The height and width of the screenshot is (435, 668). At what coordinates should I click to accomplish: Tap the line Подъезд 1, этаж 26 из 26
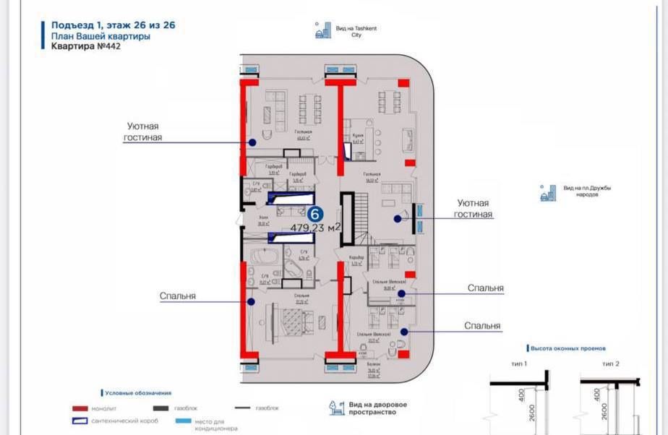113,25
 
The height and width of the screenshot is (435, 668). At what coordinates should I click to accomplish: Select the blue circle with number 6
315,214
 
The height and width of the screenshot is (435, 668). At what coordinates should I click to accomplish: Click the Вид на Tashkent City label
356,31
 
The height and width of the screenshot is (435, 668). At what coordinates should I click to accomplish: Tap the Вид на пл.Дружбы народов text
587,191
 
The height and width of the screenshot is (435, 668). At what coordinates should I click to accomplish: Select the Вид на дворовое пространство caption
377,408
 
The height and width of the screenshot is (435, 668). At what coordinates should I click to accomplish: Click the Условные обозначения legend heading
137,393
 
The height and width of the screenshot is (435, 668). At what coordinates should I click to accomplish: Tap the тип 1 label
518,364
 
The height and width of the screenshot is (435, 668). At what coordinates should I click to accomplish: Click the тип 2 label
611,364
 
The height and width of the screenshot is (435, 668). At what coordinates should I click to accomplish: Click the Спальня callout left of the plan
179,296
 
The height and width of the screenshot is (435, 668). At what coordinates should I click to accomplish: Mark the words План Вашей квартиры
100,35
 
